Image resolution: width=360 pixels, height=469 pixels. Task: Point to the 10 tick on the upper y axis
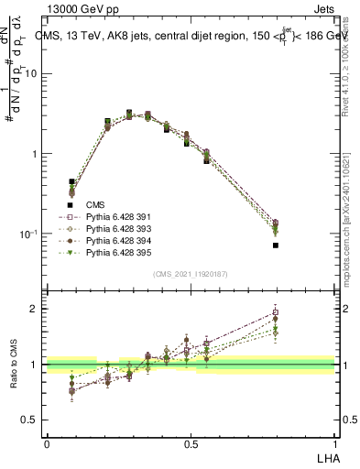click(34, 74)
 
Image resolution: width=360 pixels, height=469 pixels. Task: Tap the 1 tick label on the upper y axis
click(37, 154)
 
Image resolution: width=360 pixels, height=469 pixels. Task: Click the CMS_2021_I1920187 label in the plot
click(191, 273)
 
